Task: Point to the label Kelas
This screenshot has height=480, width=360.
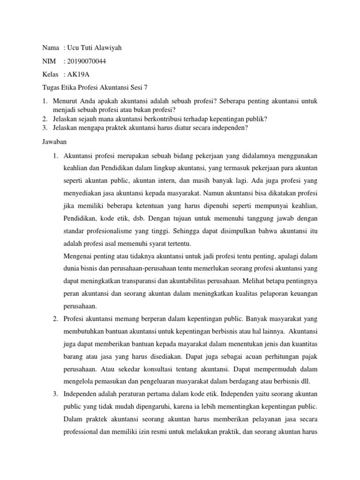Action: click(x=49, y=74)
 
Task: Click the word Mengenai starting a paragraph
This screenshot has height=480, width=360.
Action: click(x=78, y=256)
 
